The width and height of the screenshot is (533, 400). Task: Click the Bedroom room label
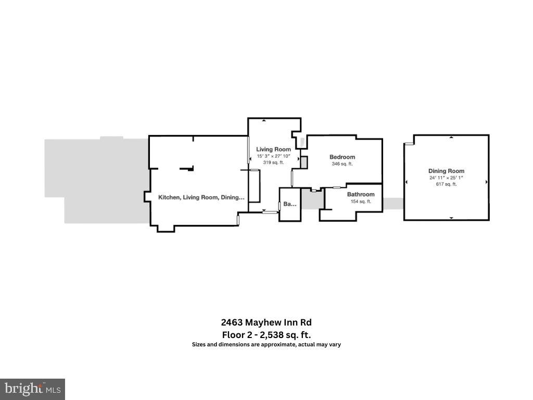[342, 157]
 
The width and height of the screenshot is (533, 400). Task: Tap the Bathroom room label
[361, 194]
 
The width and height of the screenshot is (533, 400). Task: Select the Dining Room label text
[446, 171]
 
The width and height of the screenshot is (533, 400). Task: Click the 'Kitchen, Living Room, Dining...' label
[201, 197]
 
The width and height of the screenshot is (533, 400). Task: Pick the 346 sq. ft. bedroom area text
[342, 164]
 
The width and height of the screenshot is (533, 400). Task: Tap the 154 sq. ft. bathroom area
[361, 202]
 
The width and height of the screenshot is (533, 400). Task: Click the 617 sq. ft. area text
[446, 184]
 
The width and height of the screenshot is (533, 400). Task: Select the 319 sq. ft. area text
[274, 162]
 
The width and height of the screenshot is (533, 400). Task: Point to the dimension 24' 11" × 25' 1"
[446, 178]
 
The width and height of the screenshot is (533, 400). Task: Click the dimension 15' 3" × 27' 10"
[274, 156]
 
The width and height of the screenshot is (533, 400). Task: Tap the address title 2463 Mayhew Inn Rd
[266, 322]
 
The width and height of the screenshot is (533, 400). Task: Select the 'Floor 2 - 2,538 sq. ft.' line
[266, 334]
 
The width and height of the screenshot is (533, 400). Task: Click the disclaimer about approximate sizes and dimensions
[266, 344]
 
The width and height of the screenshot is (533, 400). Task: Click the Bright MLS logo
[32, 389]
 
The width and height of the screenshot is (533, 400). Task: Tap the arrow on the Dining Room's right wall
[486, 182]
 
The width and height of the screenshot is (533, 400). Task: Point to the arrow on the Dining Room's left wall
[407, 181]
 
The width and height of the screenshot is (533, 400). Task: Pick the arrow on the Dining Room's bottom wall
[451, 217]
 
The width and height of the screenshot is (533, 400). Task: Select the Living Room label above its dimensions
[274, 149]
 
